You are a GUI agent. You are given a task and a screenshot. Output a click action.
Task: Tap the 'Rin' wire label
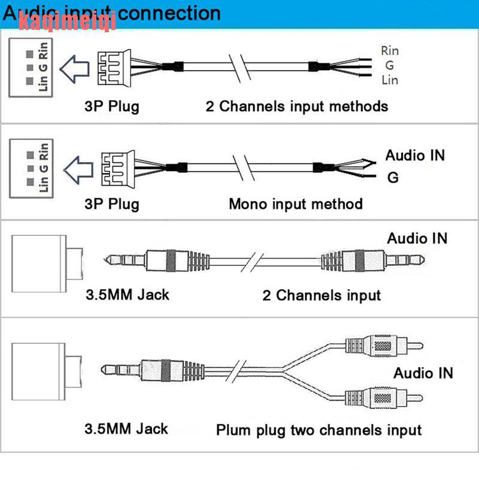tap(390, 51)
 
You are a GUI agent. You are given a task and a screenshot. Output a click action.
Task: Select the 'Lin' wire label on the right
tap(389, 80)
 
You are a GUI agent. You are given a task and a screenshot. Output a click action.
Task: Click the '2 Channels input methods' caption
tap(297, 107)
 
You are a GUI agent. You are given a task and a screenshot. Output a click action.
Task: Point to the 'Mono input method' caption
tap(296, 204)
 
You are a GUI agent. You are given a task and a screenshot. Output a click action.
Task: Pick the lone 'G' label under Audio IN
tap(393, 177)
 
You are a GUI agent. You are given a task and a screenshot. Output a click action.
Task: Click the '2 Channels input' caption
tap(322, 295)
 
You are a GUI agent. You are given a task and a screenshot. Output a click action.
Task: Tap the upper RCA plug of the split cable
tap(384, 345)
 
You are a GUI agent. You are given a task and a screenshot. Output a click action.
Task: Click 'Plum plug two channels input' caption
tap(319, 430)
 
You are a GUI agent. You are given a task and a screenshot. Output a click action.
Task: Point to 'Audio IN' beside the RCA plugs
tap(423, 373)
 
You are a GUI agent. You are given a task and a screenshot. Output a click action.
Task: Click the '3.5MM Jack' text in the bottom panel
tap(126, 429)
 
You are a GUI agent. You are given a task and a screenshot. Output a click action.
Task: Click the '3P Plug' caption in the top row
tap(111, 107)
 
